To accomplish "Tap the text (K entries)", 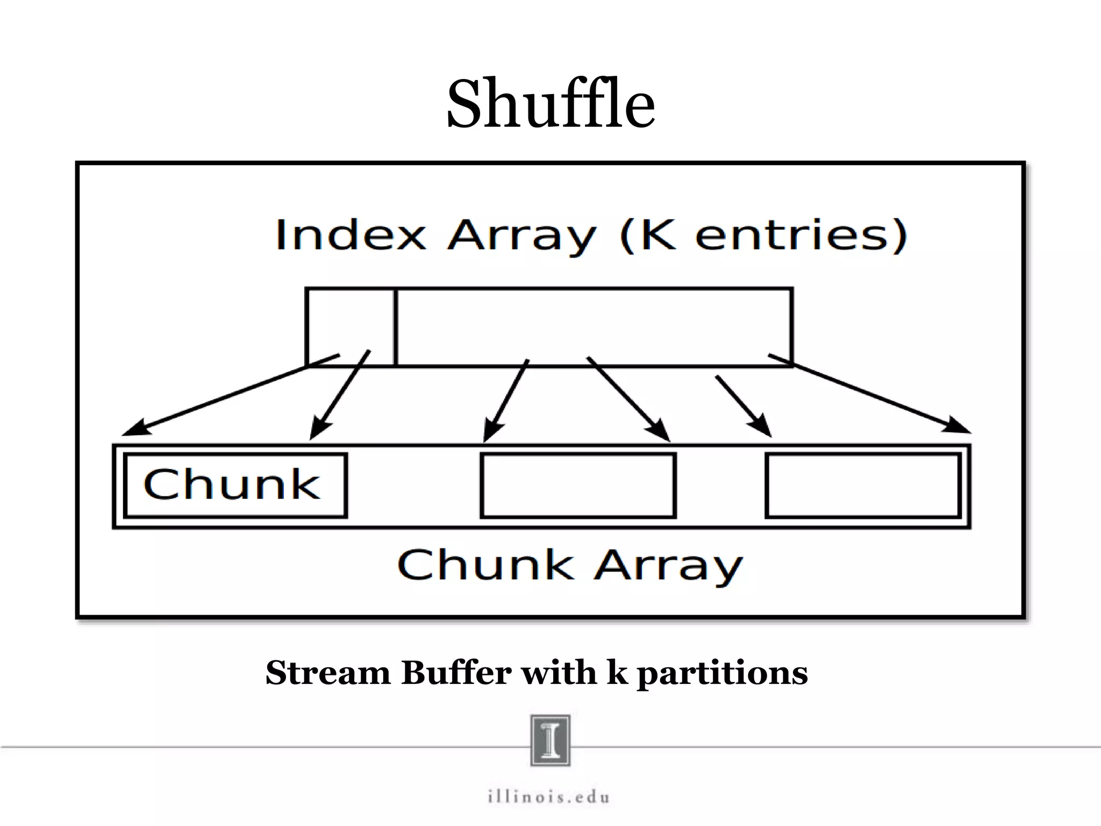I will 763,235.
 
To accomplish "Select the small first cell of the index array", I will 350,326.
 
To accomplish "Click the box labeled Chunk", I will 235,486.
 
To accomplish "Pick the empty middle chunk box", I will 578,486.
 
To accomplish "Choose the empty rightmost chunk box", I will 863,486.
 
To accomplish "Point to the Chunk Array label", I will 570,566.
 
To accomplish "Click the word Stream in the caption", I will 328,673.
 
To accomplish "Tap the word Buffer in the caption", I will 456,673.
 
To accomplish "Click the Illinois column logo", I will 550,740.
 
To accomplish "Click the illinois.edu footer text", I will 549,796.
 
